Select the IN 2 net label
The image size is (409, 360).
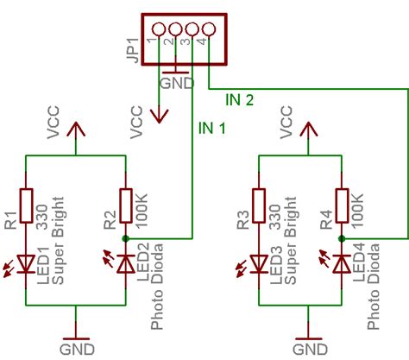(239, 100)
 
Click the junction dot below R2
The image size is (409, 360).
(126, 237)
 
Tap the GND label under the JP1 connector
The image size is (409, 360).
(175, 85)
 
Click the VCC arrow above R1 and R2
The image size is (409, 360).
(77, 129)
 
